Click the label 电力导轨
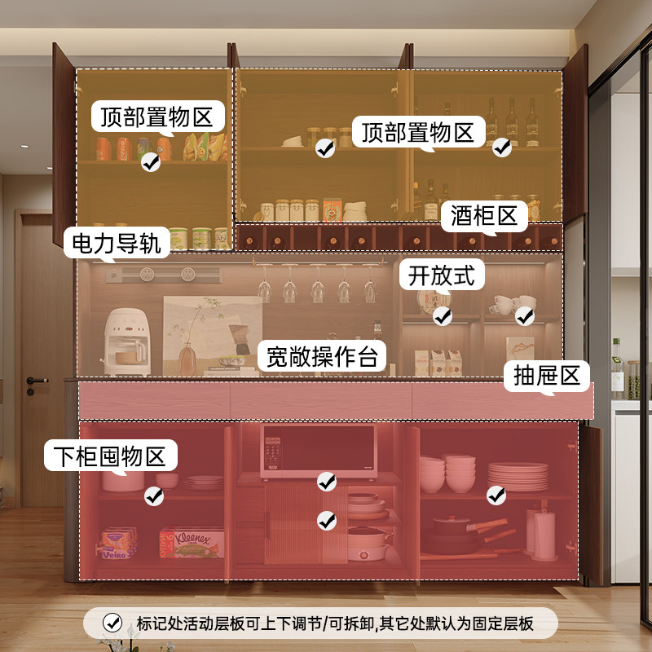coord(117,241)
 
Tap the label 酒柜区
coord(484,216)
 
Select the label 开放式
coord(441,275)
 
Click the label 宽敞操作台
coord(323,355)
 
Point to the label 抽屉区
coord(546,376)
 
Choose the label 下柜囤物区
coord(110,456)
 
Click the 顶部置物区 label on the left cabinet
coord(156,117)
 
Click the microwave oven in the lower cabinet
coord(318,451)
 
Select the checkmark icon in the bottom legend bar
coord(112,623)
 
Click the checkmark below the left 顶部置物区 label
coord(150,163)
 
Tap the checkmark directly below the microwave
coord(326,482)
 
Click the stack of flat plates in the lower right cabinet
coord(518,475)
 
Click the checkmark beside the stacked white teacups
coord(525,315)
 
